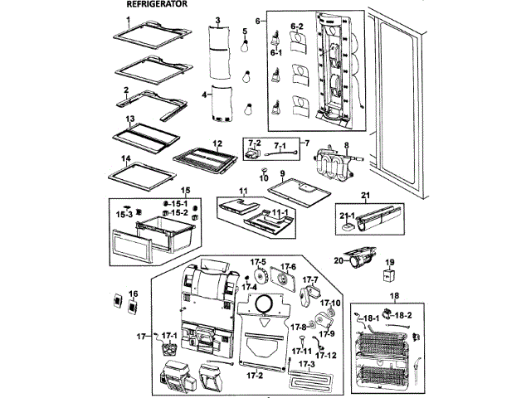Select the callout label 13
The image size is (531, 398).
click(x=130, y=119)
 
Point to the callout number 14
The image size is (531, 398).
click(x=127, y=158)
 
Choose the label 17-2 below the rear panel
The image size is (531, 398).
click(x=256, y=375)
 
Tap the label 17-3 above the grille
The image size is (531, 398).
click(x=307, y=364)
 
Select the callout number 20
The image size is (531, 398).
click(x=338, y=260)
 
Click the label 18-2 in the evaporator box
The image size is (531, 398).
click(x=402, y=316)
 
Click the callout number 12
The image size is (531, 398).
click(x=217, y=143)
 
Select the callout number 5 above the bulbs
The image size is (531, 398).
click(x=246, y=31)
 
